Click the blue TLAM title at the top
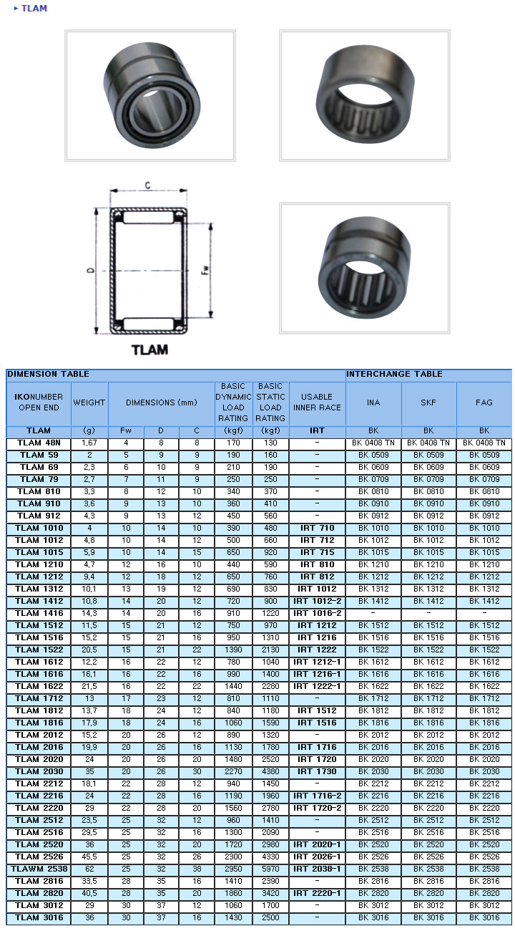[x=34, y=9]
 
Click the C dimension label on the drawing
[x=148, y=185]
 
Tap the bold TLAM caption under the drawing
[x=149, y=350]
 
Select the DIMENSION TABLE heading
[x=48, y=374]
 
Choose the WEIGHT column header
[x=89, y=402]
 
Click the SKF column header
[x=428, y=402]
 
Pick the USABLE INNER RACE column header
[x=317, y=402]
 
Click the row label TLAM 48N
[x=39, y=443]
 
